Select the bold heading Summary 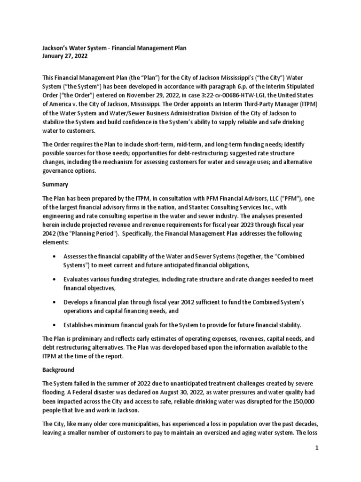pyautogui.click(x=56, y=185)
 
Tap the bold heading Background pyautogui.click(x=58, y=370)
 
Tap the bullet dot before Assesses pyautogui.click(x=56, y=257)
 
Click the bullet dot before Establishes pyautogui.click(x=56, y=325)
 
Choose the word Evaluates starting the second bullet pyautogui.click(x=79, y=280)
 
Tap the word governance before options pyautogui.click(x=61, y=170)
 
